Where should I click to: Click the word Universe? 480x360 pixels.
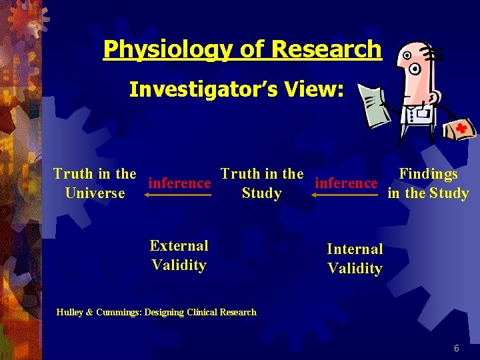[95, 193]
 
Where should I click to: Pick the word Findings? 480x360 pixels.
[428, 175]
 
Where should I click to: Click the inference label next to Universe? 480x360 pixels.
[180, 182]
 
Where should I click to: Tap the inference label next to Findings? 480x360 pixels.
[346, 182]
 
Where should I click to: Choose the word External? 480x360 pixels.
[179, 246]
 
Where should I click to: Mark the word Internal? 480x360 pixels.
[355, 249]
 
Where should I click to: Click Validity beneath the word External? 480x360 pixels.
[179, 265]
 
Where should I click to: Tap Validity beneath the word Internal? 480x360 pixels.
[355, 269]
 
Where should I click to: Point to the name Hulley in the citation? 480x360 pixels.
[69, 312]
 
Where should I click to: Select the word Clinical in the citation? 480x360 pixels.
[199, 312]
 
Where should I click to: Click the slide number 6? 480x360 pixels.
[456, 348]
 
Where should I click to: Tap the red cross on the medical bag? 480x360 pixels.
[459, 129]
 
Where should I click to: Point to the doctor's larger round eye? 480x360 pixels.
[415, 68]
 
